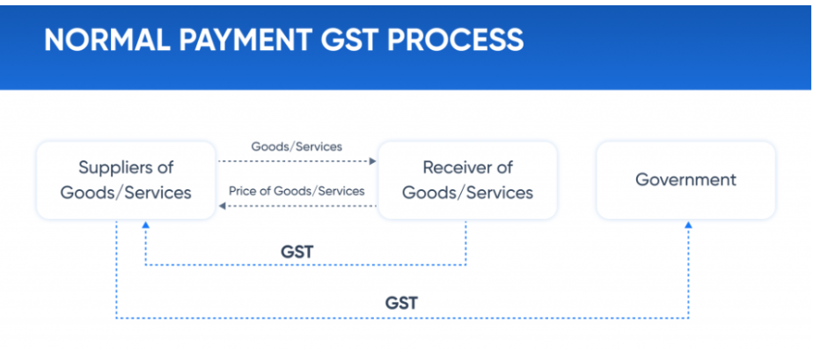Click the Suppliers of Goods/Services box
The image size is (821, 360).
(126, 180)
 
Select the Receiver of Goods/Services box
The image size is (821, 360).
(467, 180)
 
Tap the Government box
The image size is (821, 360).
(685, 180)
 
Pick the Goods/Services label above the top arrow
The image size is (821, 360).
(297, 147)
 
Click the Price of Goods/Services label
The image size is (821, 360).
(297, 191)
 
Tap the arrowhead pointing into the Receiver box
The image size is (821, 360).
(373, 161)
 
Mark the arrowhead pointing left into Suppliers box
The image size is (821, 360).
(222, 206)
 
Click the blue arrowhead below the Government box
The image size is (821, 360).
(688, 224)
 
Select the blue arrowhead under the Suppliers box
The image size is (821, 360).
(145, 224)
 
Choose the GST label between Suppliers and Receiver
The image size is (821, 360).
(297, 252)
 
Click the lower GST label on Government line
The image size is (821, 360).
(401, 304)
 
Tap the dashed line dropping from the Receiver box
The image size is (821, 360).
(465, 243)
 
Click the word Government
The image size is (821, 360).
(685, 180)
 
